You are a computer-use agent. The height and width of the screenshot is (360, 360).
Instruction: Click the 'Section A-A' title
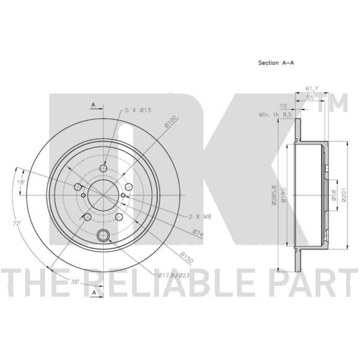coord(276,63)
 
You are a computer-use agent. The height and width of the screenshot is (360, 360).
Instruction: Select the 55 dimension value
coord(310,97)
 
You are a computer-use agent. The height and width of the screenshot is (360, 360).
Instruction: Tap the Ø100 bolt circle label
coord(171,122)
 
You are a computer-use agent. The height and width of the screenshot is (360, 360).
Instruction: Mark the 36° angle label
coord(75,282)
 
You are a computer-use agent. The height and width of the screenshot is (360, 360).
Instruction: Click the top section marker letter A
coord(94,105)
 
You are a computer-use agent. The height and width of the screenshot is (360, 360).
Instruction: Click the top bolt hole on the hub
coord(103,169)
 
